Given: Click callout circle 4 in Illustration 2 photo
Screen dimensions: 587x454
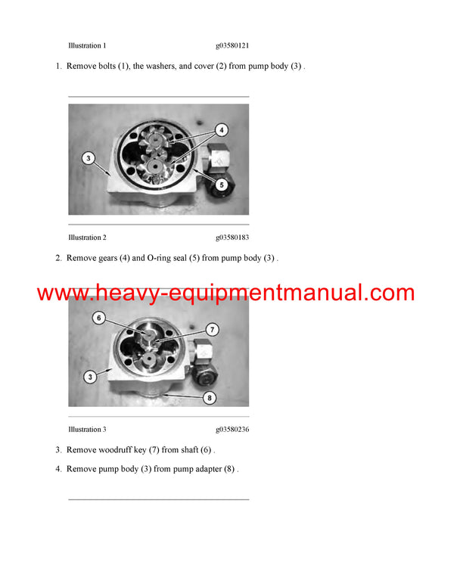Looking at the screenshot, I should point(221,129).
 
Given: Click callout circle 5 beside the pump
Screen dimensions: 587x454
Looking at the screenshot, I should point(222,183).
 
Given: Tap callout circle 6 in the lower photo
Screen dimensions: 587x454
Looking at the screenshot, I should point(98,318).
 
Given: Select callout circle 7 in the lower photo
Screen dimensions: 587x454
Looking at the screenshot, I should point(213,330).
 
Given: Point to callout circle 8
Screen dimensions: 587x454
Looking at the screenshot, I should point(210,396).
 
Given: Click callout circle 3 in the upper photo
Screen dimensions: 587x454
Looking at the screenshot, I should point(89,158).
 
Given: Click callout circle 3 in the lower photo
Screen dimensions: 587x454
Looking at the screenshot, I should point(89,375).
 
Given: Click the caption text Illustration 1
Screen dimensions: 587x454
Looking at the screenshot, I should point(87,45).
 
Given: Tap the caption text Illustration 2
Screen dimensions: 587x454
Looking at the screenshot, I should point(87,238).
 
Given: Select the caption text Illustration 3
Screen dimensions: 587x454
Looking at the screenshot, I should point(87,430).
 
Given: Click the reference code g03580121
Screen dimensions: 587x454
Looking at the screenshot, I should point(232,45).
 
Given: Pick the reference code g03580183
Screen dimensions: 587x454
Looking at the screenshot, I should point(232,238).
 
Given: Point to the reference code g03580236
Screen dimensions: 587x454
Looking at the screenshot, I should point(232,430).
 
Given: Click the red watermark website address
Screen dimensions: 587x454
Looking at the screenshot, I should point(225,293).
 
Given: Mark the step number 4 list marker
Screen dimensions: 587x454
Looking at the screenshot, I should point(58,469).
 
